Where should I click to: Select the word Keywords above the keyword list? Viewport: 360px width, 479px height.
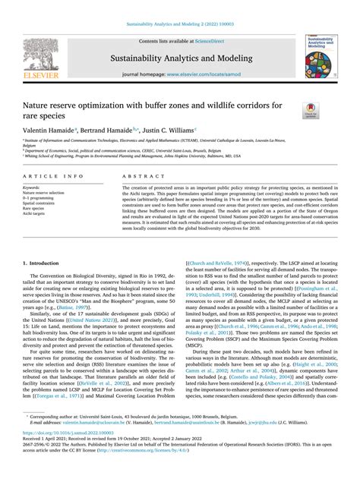[x=32, y=187]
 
